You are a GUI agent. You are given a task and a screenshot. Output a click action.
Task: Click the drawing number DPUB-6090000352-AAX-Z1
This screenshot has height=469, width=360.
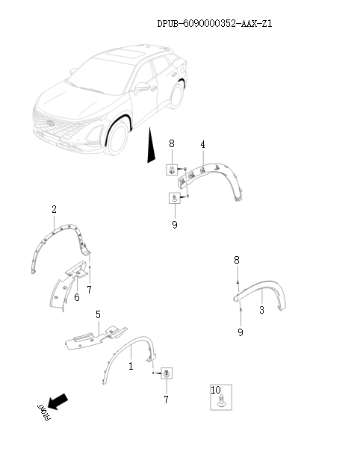tap(214, 24)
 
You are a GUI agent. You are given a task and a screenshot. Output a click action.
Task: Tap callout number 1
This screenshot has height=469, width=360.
tap(131, 367)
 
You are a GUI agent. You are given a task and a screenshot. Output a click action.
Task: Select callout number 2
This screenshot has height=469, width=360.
tap(54, 210)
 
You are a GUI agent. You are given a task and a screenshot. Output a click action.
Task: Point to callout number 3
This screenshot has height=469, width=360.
tap(261, 310)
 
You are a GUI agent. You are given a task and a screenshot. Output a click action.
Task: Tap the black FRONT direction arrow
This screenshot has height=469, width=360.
tap(57, 403)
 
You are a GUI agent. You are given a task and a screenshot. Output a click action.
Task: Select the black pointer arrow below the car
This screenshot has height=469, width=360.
tap(150, 146)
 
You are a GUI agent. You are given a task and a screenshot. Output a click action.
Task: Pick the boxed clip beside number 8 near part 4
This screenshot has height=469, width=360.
tap(173, 170)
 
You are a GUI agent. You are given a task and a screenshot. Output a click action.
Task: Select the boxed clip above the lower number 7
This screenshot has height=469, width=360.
tap(167, 373)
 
